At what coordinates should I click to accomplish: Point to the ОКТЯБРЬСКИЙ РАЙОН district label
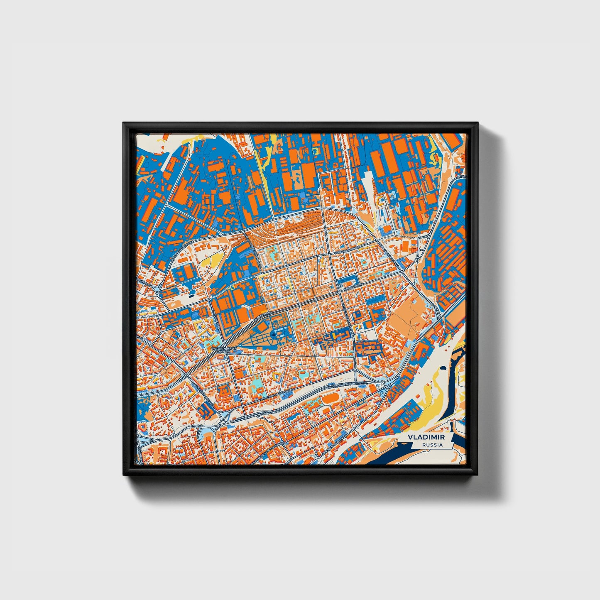point(224,350)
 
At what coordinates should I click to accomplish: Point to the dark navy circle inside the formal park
point(273,335)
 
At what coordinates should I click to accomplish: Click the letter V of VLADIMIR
point(410,438)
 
